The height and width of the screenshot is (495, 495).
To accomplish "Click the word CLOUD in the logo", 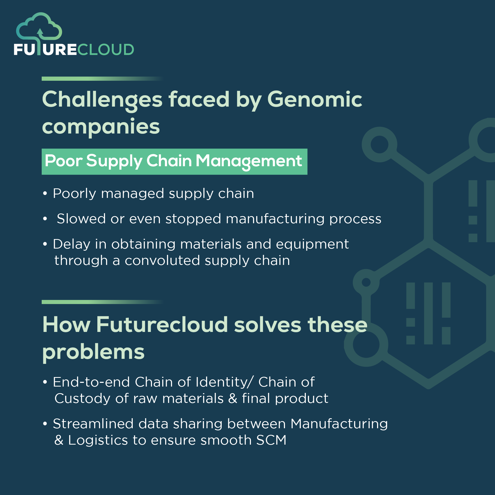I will tap(106, 50).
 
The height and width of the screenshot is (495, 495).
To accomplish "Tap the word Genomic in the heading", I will tap(315, 99).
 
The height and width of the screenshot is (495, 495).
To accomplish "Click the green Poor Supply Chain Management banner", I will tap(174, 161).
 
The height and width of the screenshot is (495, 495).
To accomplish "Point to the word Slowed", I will tap(81, 219).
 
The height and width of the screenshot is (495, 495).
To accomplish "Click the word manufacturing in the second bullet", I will tap(275, 219).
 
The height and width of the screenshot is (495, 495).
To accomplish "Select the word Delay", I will tap(72, 244).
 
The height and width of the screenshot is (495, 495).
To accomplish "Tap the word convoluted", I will tap(162, 261).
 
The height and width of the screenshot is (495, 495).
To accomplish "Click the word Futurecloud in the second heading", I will tap(162, 325).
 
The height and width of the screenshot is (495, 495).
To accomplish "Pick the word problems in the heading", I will tap(93, 352).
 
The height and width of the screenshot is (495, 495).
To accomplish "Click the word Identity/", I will tap(225, 382).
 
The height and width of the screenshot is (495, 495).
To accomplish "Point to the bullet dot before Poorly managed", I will tap(45, 194).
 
